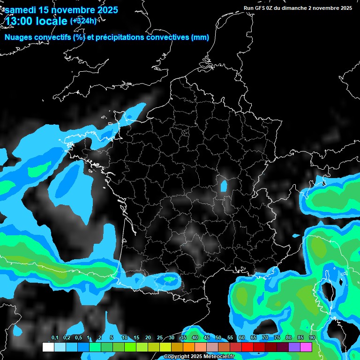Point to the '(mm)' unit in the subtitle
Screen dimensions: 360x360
[200, 37]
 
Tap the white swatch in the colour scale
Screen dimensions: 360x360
[48, 347]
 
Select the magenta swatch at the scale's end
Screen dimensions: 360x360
[306, 347]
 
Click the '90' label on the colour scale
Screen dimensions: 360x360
[312, 338]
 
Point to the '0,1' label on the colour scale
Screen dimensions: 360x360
[55, 338]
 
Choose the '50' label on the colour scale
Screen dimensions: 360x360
[218, 338]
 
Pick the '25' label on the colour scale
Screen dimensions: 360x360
[160, 338]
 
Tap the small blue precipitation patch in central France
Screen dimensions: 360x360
[224, 186]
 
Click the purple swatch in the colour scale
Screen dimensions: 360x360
[294, 347]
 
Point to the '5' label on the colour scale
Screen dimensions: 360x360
[111, 338]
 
